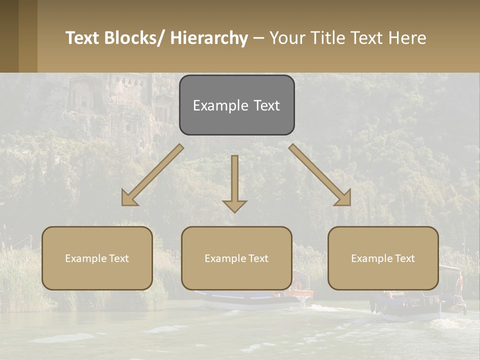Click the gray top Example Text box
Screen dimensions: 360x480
[x=236, y=105]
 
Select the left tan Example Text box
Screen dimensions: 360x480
[x=97, y=258]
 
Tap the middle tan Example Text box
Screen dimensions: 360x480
[x=236, y=258]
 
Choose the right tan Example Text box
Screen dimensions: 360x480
[x=383, y=258]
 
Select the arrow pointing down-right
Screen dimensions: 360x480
[x=317, y=173]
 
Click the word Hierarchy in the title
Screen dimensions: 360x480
[x=209, y=38]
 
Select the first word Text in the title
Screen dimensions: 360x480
[x=83, y=38]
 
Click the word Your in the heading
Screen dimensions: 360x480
[x=287, y=38]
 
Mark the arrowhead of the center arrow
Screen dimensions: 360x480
[x=234, y=205]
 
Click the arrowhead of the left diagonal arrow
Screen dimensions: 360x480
[x=129, y=198]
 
